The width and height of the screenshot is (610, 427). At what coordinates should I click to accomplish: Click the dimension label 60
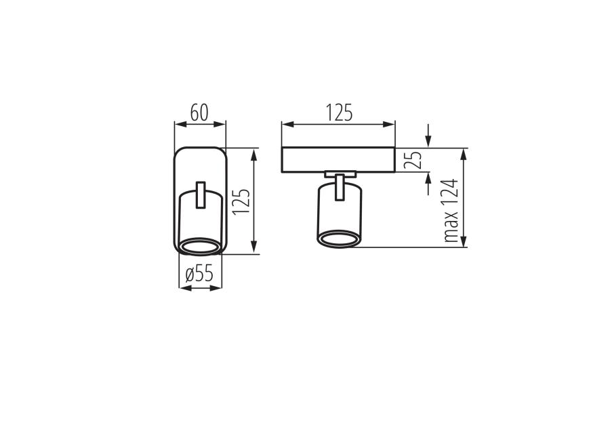(x=199, y=113)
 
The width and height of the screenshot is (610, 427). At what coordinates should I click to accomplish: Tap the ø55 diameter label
(x=199, y=274)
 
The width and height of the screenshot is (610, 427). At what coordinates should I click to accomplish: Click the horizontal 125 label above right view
(x=339, y=113)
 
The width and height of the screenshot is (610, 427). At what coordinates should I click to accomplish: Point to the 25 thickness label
(x=412, y=159)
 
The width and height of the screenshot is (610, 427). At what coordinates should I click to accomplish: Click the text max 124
(x=451, y=211)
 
